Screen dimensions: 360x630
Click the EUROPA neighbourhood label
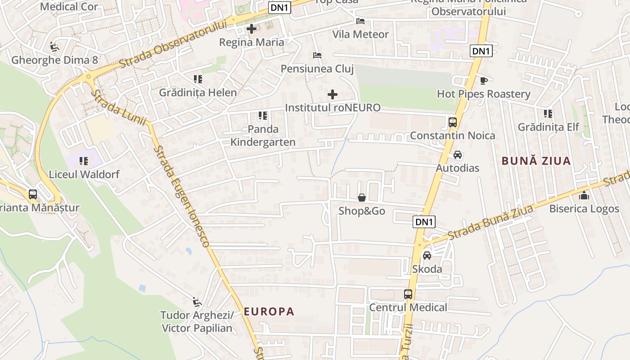(269, 311)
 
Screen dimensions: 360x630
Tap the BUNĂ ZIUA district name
(536, 161)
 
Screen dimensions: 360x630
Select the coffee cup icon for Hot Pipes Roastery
(483, 81)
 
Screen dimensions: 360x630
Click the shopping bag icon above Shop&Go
(361, 198)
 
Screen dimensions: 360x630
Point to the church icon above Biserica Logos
(584, 195)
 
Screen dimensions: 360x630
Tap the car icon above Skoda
(427, 256)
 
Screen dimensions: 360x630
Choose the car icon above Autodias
(458, 155)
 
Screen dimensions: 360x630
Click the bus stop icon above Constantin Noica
(453, 122)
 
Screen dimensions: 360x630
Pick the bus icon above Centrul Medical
(408, 294)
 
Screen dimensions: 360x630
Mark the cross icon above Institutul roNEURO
(333, 94)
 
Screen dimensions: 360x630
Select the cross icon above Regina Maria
(252, 29)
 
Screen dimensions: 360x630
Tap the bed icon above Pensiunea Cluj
(317, 55)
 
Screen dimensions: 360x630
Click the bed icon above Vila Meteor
(360, 21)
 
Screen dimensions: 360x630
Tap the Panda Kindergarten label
(263, 135)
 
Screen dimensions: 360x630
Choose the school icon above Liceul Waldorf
(83, 161)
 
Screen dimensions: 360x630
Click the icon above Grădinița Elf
(548, 113)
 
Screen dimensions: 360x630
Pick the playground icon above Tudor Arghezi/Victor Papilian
(197, 301)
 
